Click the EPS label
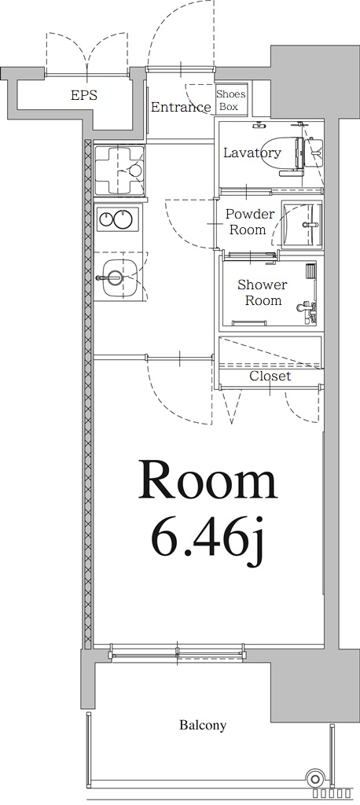pyautogui.click(x=85, y=95)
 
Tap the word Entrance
pyautogui.click(x=182, y=107)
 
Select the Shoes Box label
pyautogui.click(x=230, y=101)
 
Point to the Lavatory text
pyautogui.click(x=252, y=153)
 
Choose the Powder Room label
pyautogui.click(x=249, y=222)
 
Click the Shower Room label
pyautogui.click(x=262, y=292)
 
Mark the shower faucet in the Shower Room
pyautogui.click(x=307, y=310)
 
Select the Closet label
pyautogui.click(x=270, y=376)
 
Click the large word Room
pyautogui.click(x=208, y=480)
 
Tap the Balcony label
pyautogui.click(x=202, y=725)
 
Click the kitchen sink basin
pyautogui.click(x=115, y=277)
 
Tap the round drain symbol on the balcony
pyautogui.click(x=315, y=778)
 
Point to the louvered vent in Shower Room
pyautogui.click(x=311, y=270)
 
